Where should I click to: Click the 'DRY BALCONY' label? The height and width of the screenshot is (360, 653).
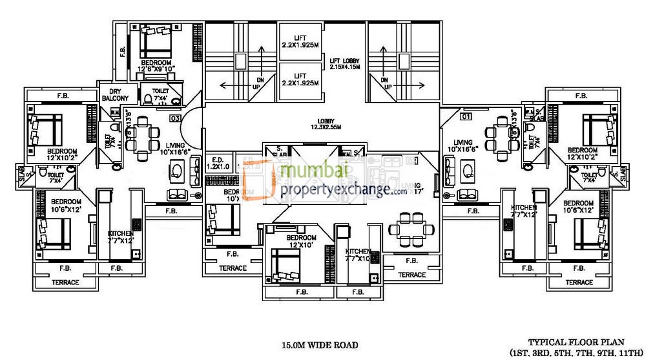point(116,94)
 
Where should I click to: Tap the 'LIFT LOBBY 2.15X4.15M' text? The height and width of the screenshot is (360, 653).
point(344,63)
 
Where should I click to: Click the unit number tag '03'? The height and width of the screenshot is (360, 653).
point(174,118)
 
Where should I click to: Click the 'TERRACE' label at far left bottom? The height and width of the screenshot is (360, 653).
point(65,282)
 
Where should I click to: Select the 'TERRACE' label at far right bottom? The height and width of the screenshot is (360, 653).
point(579,282)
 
